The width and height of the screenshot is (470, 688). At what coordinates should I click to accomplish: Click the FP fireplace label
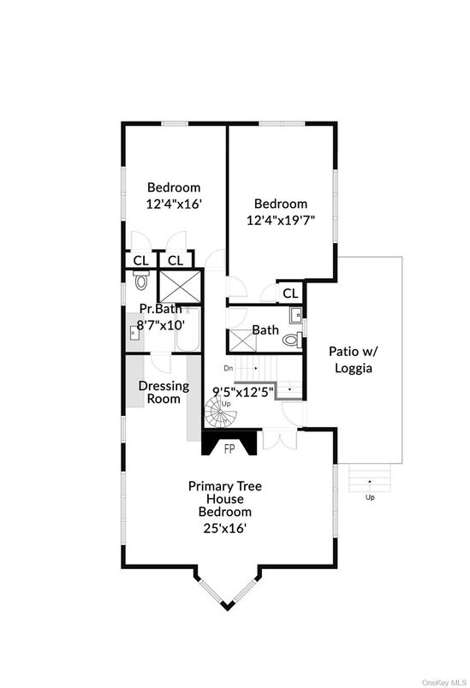coord(229,449)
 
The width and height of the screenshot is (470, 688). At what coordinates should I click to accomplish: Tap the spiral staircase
coord(221,412)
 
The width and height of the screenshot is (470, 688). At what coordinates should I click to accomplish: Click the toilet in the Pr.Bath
coord(141,280)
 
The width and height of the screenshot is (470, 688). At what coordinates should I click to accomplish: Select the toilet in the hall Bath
coord(292,340)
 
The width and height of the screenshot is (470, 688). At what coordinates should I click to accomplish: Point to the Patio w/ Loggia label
coord(354,359)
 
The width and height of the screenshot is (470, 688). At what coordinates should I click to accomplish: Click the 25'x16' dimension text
coord(224,528)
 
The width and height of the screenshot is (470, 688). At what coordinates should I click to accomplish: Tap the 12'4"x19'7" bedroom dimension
coord(281,219)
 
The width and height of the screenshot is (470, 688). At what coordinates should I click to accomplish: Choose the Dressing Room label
coord(164,392)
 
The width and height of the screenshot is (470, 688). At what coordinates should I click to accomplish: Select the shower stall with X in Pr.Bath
coord(180,287)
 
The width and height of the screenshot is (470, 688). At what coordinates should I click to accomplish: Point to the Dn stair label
coord(229,369)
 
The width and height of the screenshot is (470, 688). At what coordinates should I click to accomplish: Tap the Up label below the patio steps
coord(370,497)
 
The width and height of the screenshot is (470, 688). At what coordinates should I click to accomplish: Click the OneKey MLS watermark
coord(444,683)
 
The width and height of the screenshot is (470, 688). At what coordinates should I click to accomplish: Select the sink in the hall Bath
coord(296,315)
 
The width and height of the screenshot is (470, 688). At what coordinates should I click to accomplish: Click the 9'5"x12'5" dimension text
coord(243,390)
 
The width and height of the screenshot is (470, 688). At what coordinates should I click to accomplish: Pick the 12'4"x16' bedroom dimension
coord(174,204)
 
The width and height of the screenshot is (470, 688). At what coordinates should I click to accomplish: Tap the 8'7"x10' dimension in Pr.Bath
coord(160,325)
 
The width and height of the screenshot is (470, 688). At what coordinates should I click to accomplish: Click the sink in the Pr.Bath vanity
coord(134,333)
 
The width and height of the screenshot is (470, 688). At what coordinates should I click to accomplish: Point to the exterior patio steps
coord(370,477)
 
